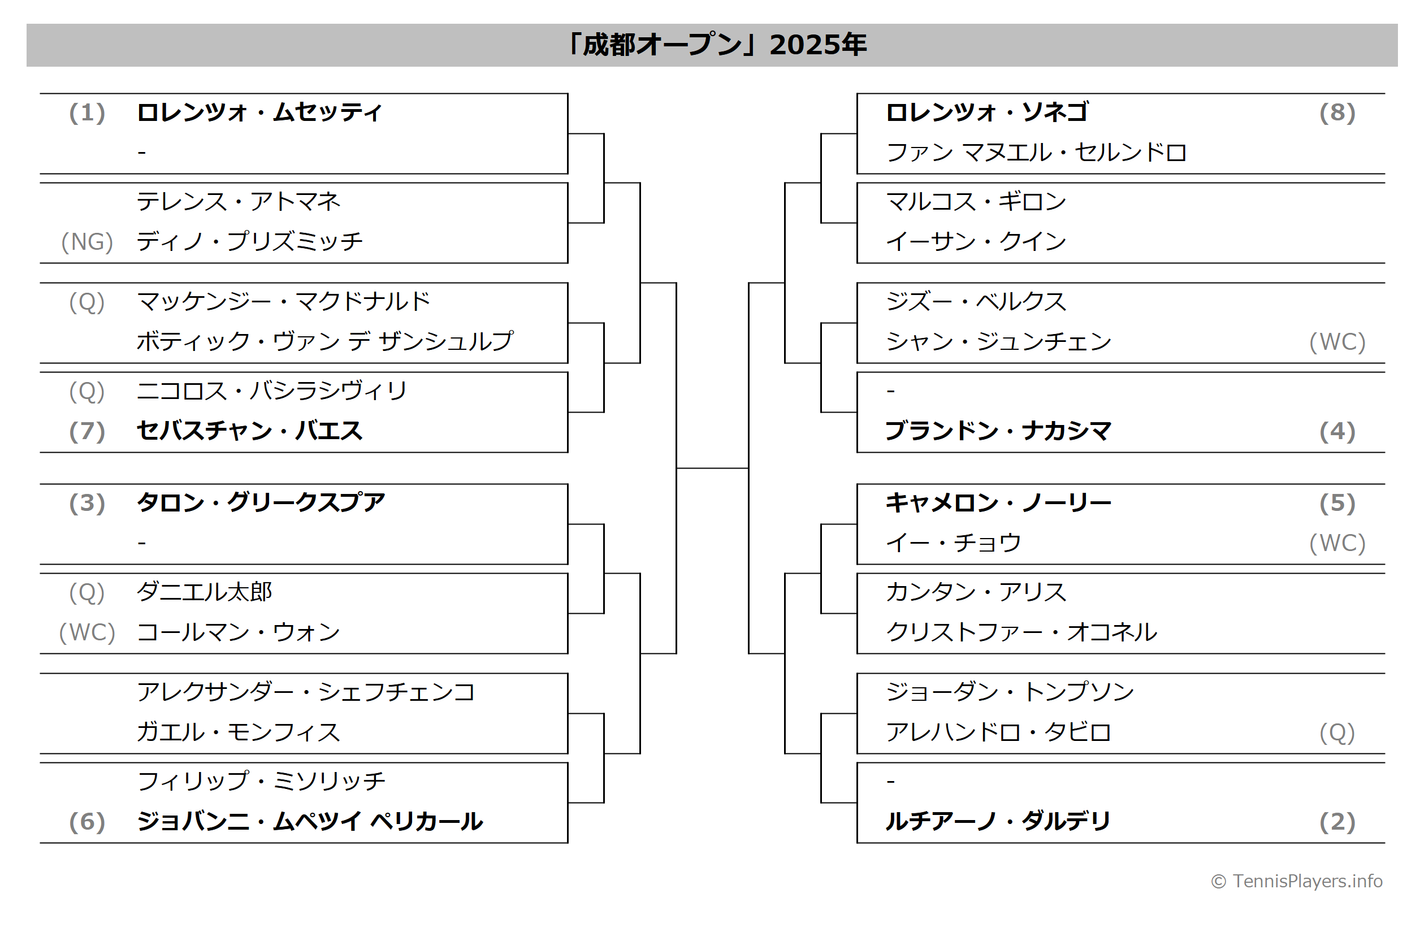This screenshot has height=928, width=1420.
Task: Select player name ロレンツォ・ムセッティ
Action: tap(259, 112)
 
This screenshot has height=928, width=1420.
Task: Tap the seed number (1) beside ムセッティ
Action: tap(87, 112)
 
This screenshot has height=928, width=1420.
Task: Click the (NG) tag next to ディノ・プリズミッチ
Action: tap(87, 242)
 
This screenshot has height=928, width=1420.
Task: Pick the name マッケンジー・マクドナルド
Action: tap(283, 302)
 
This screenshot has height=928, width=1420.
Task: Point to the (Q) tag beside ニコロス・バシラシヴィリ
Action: tap(87, 391)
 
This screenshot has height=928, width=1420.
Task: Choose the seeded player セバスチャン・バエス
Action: tap(249, 431)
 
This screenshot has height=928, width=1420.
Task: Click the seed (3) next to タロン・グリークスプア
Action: tap(87, 504)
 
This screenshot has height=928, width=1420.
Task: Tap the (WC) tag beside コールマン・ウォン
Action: tap(87, 633)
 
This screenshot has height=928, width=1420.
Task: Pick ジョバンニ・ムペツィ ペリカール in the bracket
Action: tap(310, 822)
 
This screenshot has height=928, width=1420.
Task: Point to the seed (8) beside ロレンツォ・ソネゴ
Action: tap(1337, 112)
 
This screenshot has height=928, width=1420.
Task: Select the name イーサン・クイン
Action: tap(976, 242)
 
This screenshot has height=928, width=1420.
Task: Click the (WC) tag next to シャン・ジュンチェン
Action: tap(1337, 342)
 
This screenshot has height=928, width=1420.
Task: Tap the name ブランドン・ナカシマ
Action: tap(998, 431)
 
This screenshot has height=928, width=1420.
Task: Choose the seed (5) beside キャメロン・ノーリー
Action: tap(1337, 504)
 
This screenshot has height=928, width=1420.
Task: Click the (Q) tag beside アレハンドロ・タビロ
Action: tap(1337, 733)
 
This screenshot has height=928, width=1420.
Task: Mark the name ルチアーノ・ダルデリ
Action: tap(998, 822)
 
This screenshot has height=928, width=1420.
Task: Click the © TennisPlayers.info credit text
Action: tap(1297, 882)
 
